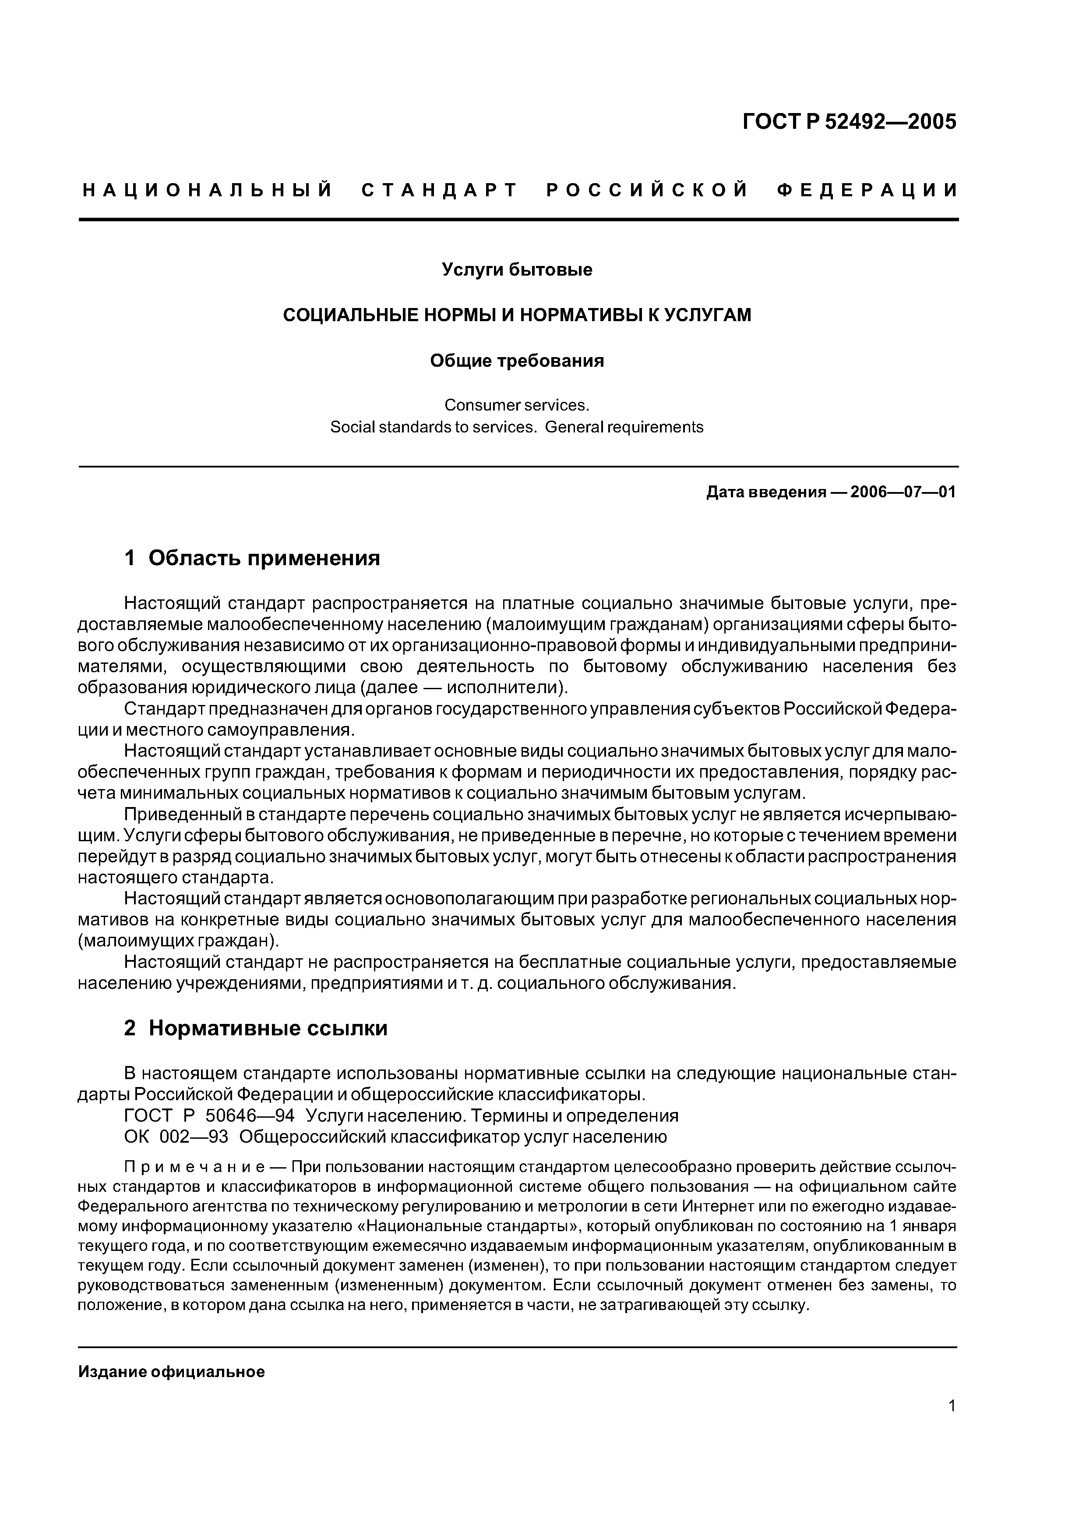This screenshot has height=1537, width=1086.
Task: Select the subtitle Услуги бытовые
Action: tap(517, 270)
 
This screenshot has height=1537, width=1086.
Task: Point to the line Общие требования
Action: tap(517, 361)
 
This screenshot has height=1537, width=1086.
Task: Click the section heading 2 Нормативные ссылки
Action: tap(256, 1027)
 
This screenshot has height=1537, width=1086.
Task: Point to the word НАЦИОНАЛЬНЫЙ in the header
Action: tap(208, 191)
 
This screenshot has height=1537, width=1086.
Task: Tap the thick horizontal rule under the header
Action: tap(518, 219)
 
